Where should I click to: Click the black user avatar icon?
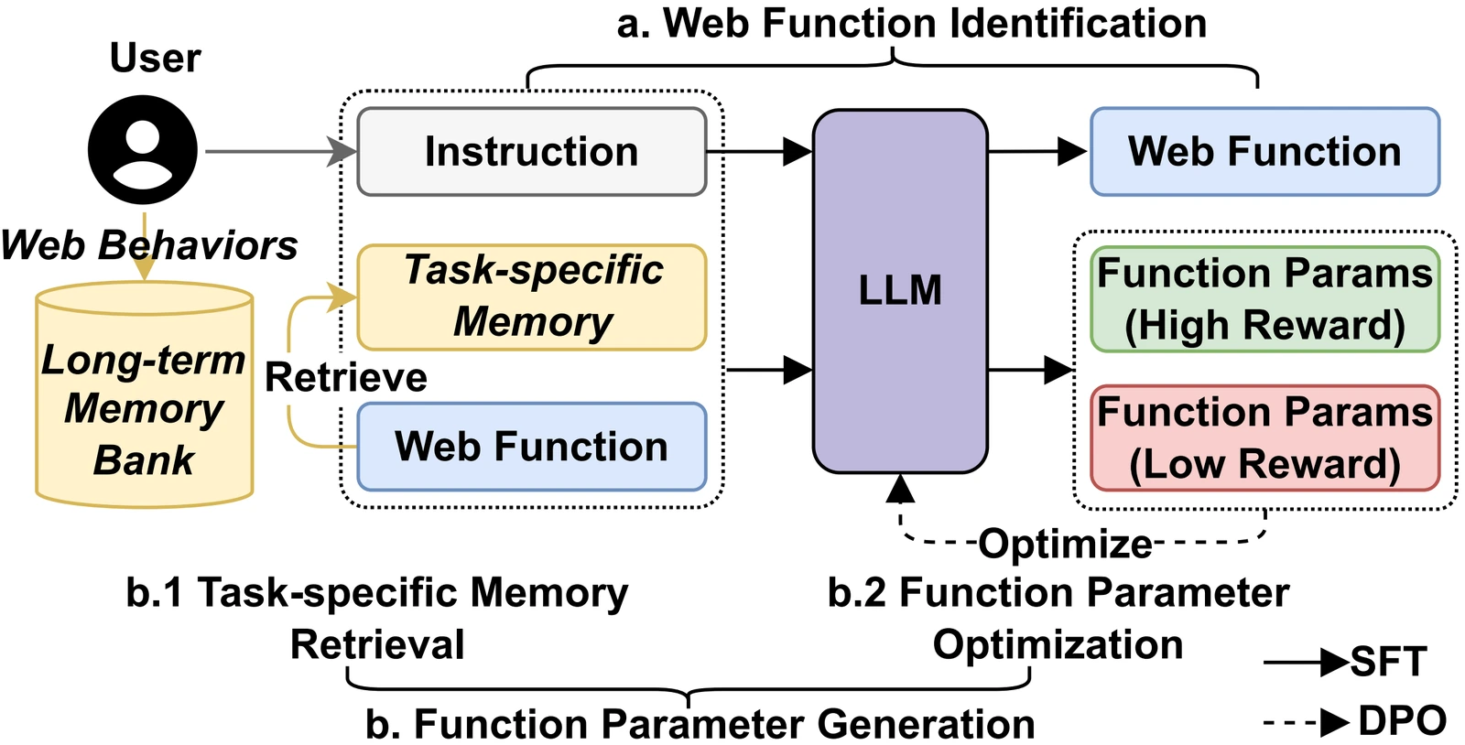143,150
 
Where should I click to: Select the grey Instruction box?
532,152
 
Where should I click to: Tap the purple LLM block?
900,291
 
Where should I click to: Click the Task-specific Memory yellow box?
532,297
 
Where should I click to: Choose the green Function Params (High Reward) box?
1264,298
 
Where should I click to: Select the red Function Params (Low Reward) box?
1264,437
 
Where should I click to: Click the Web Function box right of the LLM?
1264,152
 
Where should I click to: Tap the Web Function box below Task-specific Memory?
532,447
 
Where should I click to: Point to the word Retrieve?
346,377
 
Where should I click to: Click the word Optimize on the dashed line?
1066,544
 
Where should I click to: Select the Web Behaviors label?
149,245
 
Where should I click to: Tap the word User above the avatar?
155,58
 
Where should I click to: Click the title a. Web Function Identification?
912,24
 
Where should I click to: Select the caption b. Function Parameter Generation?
700,723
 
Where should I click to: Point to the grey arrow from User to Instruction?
281,152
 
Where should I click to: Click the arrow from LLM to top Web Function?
1038,152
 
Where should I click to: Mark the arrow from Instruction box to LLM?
760,152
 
